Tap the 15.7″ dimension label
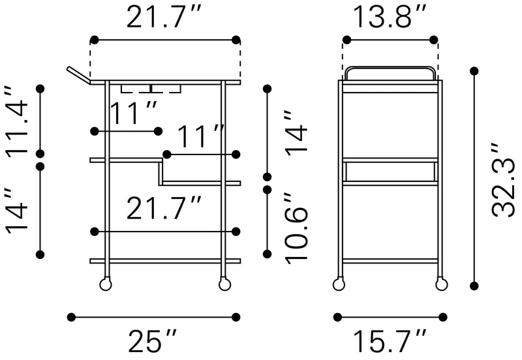(x=390, y=342)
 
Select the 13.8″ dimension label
(x=390, y=18)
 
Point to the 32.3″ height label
(x=504, y=179)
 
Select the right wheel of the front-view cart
(x=224, y=284)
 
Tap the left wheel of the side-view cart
(x=339, y=284)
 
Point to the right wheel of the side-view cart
(x=441, y=284)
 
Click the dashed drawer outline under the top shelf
(x=151, y=89)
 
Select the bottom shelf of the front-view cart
(x=164, y=261)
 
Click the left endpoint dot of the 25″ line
(x=71, y=318)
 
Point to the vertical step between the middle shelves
(x=161, y=171)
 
